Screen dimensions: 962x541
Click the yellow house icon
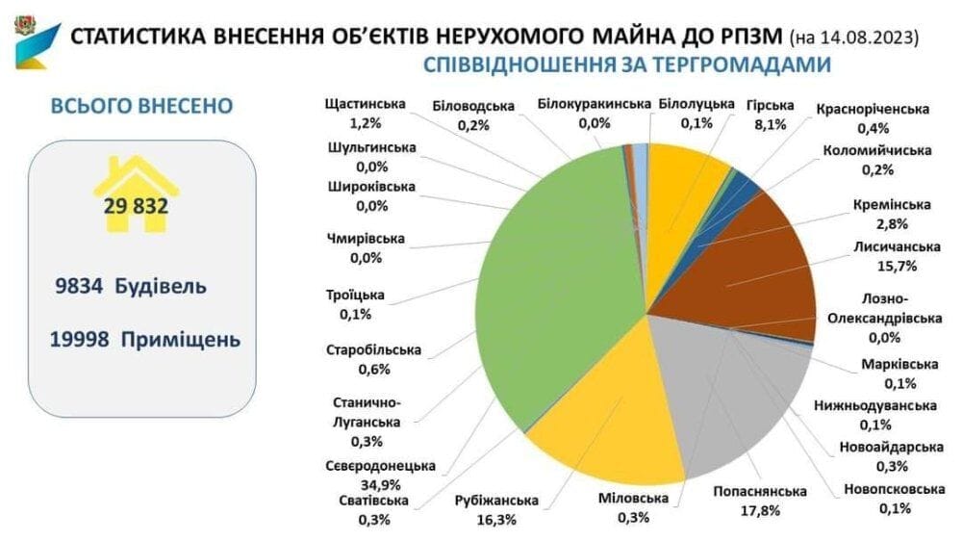[x=137, y=194]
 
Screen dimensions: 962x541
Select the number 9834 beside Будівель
[x=79, y=286]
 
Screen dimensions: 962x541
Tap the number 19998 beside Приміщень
[x=80, y=340]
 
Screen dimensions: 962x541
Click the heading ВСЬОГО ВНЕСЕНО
[x=141, y=106]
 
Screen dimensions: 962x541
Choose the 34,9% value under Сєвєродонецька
[x=380, y=485]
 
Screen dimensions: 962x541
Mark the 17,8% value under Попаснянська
[x=760, y=511]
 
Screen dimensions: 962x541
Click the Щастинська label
[x=365, y=104]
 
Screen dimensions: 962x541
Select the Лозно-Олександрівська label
[x=884, y=309]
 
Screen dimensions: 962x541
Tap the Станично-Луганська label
[x=367, y=413]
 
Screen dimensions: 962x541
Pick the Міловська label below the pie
[x=633, y=498]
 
